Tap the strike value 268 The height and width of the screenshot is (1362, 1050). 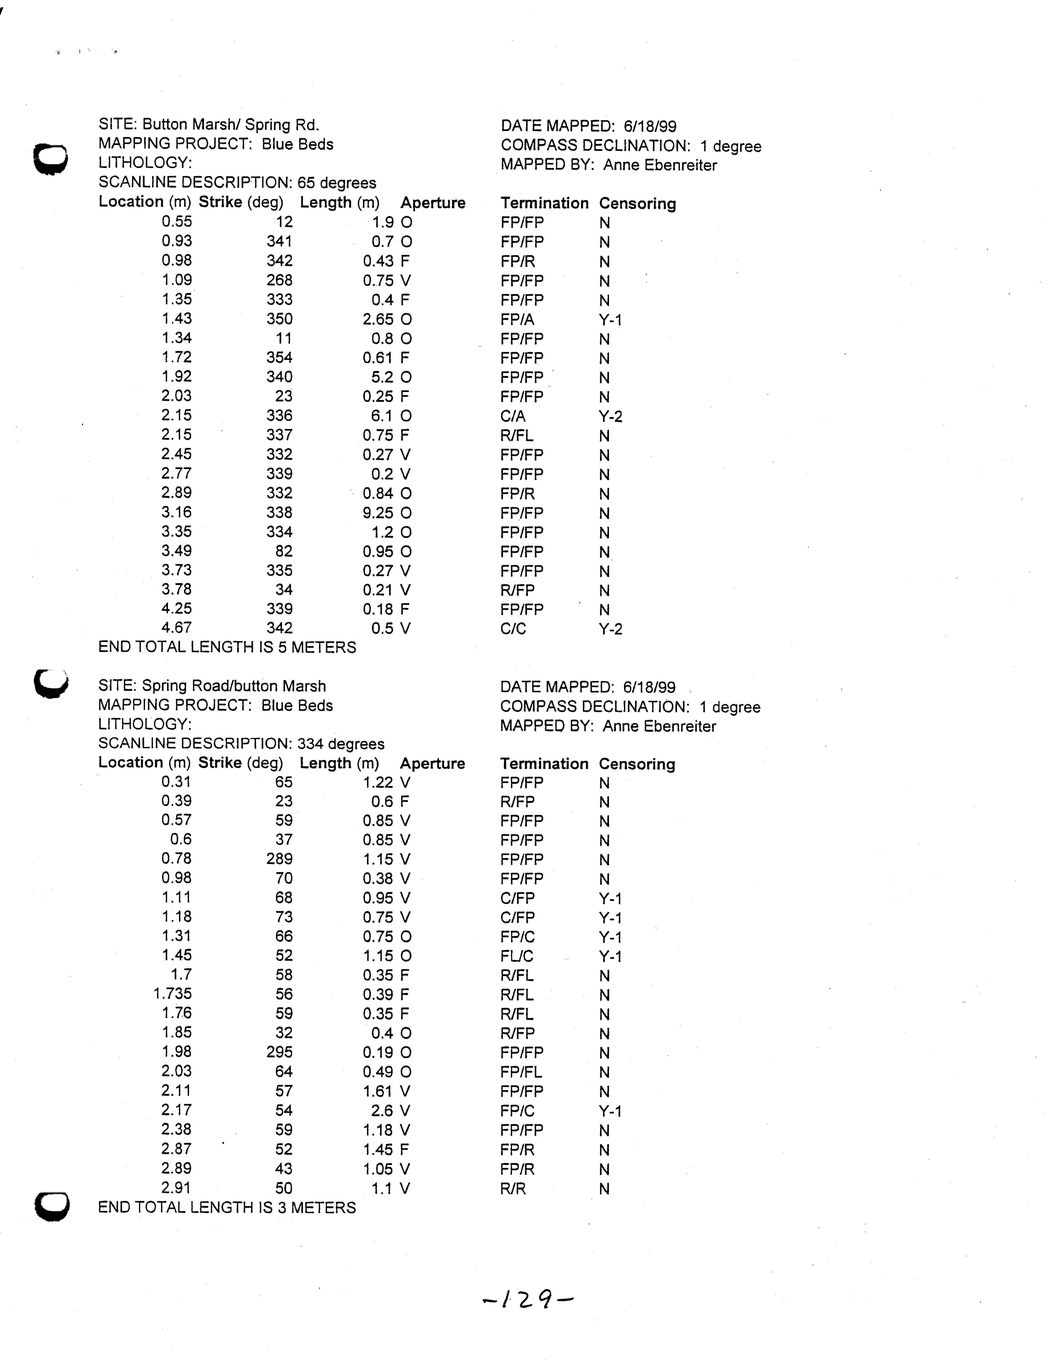[x=279, y=280]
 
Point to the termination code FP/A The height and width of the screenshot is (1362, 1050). [x=517, y=319]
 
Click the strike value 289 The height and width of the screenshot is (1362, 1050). [x=279, y=859]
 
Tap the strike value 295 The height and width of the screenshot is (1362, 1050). [x=279, y=1052]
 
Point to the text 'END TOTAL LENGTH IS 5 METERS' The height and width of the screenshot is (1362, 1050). [x=227, y=647]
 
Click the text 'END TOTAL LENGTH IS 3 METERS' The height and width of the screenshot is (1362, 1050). [x=227, y=1208]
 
